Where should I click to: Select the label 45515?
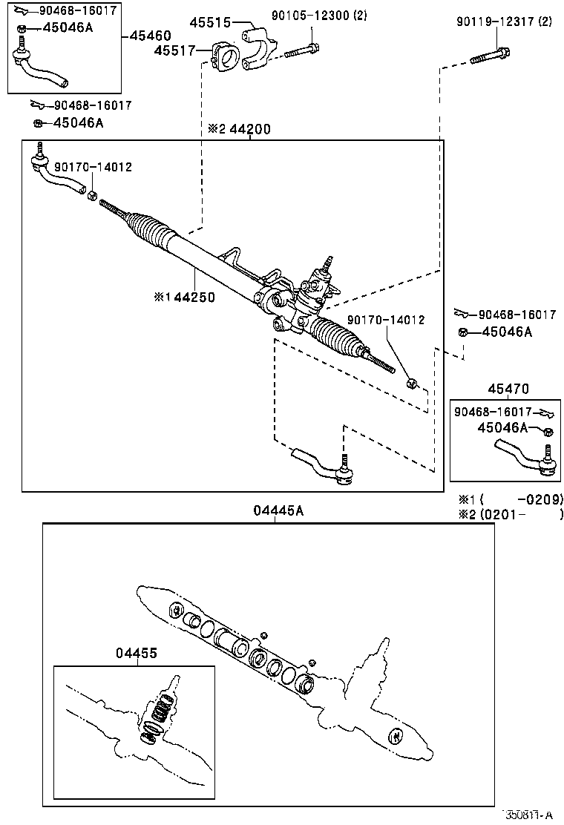[214, 24]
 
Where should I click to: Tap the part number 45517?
[174, 50]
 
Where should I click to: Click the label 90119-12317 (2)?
[504, 22]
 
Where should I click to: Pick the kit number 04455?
[137, 653]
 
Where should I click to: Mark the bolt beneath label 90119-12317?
[490, 55]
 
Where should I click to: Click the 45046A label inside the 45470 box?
[502, 427]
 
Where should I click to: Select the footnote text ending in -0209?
[511, 499]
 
